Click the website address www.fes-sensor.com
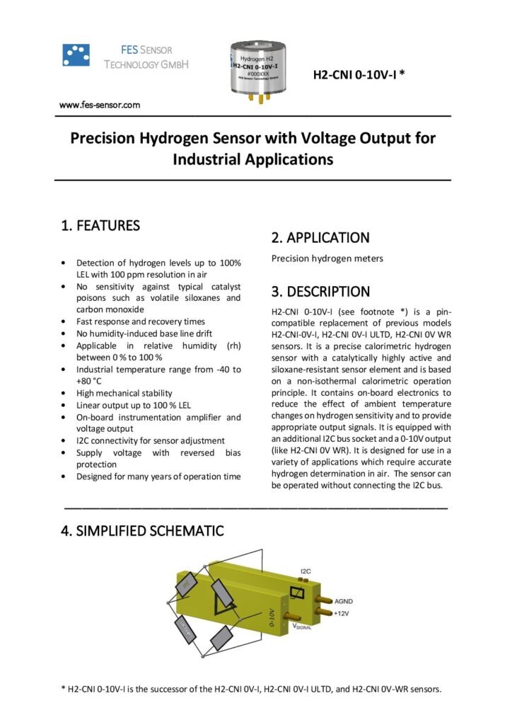tap(100, 105)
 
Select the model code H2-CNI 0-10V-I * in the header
tap(359, 73)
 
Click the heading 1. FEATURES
tap(100, 226)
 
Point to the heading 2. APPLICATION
tap(320, 238)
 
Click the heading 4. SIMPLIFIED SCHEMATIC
tap(143, 530)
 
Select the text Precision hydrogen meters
tap(327, 258)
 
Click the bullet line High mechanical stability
tap(124, 392)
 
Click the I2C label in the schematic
tap(306, 571)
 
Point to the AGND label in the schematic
tap(344, 601)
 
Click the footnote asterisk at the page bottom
tap(64, 688)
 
